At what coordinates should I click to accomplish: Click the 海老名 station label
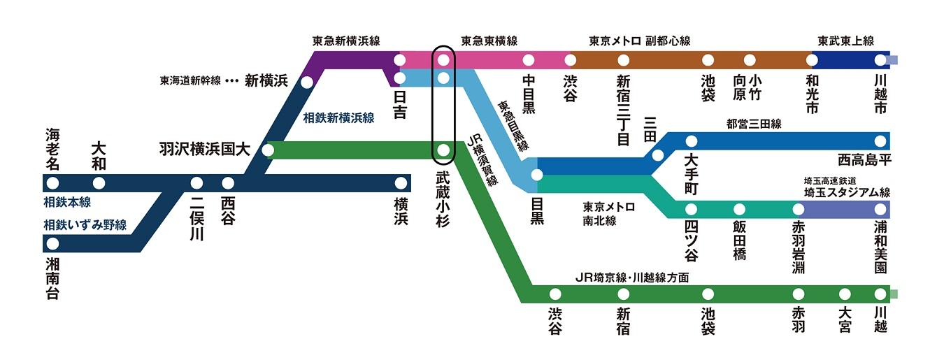(53, 148)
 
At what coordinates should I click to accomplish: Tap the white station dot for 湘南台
(52, 244)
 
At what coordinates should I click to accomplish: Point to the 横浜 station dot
(401, 183)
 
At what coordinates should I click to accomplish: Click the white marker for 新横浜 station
(306, 82)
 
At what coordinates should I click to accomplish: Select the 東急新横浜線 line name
(345, 41)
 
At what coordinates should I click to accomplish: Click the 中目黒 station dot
(529, 59)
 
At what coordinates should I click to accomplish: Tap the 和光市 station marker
(812, 59)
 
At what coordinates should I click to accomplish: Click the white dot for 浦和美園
(880, 210)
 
